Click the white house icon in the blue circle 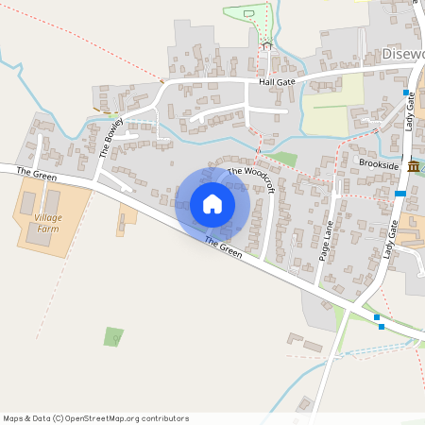(212, 204)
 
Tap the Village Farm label (48, 222)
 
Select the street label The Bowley (110, 137)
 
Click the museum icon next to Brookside (414, 167)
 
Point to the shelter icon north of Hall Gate (266, 44)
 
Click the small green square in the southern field (113, 336)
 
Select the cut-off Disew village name (403, 55)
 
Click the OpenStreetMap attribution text (95, 418)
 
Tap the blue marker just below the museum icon (401, 194)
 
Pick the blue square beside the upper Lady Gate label (406, 93)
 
